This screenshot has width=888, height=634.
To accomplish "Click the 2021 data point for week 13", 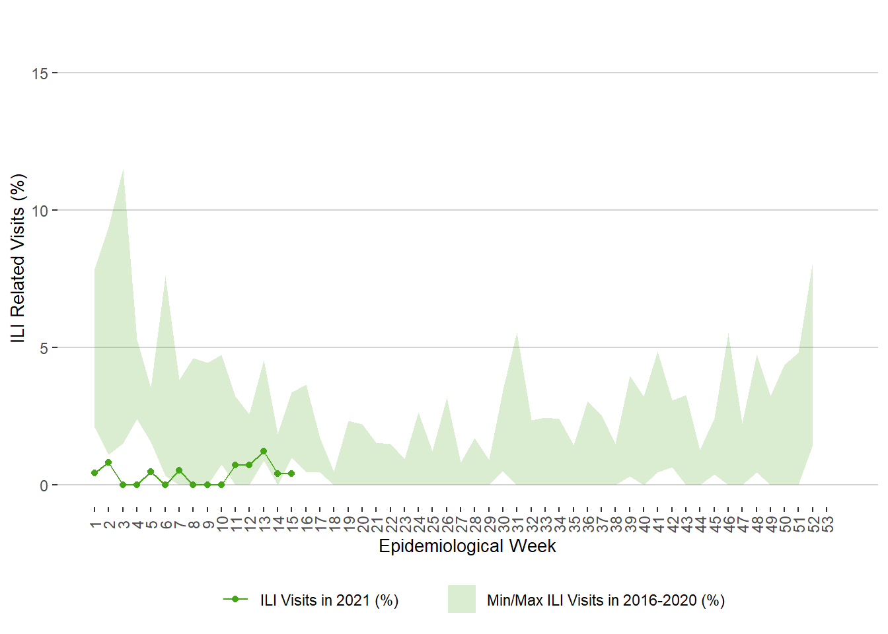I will pos(264,451).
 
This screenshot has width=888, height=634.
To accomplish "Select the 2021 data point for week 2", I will pos(108,462).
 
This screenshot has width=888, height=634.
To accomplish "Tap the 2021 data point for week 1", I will pos(94,473).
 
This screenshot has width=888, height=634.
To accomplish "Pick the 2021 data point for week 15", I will pos(291,474).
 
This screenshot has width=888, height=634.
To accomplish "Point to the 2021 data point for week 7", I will pos(179,470).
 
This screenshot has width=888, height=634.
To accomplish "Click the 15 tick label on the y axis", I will pos(40,73).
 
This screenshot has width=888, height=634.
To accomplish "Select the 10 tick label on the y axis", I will pos(40,211).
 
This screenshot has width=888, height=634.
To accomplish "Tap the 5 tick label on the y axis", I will pos(44,348).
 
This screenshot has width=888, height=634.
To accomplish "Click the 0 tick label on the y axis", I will pos(44,485).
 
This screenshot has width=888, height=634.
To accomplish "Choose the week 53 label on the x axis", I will pos(827,524).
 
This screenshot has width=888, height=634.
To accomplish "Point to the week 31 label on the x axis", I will pos(517,524).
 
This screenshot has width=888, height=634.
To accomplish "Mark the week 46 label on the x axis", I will pos(729,524).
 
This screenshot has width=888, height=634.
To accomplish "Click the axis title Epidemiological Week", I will pos(467,546).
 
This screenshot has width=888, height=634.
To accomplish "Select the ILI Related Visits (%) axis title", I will pos(18,258).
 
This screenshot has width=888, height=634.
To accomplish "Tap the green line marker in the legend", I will pos(235,599).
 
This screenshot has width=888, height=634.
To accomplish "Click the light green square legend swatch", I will pos(461,599).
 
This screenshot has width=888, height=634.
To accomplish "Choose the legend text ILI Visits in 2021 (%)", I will pos(329,600).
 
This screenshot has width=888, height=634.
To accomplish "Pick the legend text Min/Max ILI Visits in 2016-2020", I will pos(605,600).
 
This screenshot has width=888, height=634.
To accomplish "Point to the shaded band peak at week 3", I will pos(123,170).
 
